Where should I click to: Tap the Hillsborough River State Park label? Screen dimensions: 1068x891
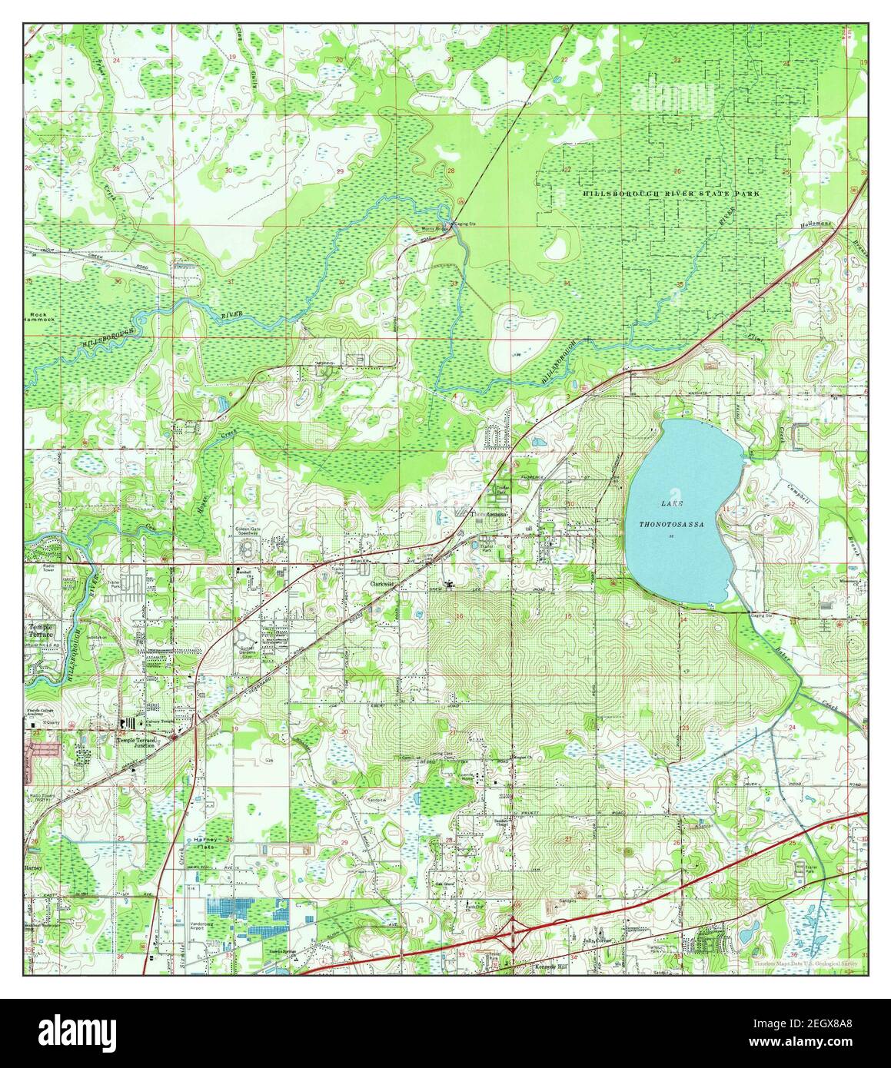coord(670,194)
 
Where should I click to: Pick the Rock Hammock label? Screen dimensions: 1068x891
coord(38,319)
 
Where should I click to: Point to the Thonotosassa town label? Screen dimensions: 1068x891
coord(490,516)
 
